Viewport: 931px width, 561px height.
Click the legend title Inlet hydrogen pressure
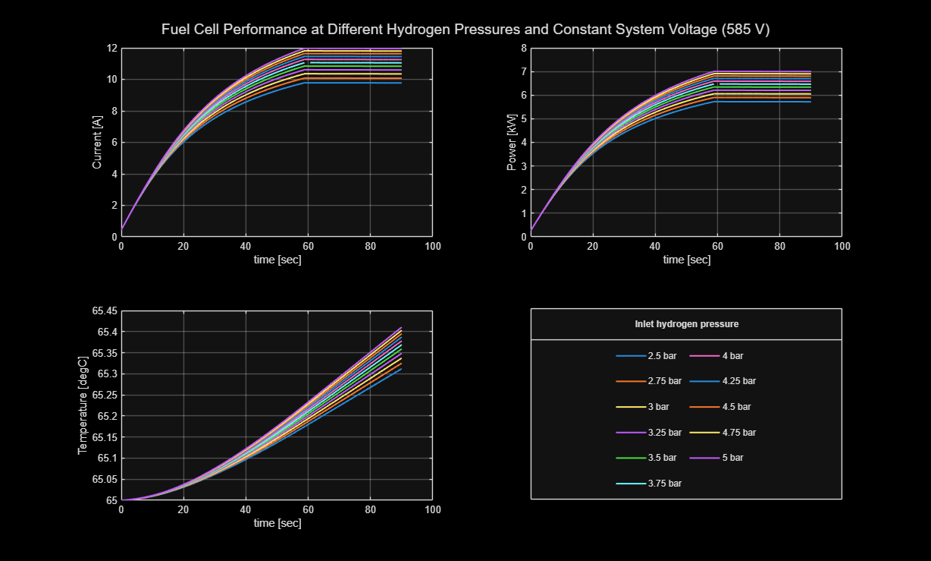pos(686,324)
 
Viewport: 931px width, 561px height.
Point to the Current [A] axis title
pos(96,143)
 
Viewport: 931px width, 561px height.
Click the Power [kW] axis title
pos(512,143)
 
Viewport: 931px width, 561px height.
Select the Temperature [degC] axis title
pos(83,405)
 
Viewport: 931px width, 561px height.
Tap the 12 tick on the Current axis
pos(111,49)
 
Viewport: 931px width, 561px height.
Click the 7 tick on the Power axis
pos(523,72)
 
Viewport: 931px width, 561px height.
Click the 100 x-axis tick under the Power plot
pos(842,247)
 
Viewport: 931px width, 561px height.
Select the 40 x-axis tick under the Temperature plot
pos(246,510)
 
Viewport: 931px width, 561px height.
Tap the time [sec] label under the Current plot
pos(277,260)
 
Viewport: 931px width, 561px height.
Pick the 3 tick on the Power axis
pos(523,166)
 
